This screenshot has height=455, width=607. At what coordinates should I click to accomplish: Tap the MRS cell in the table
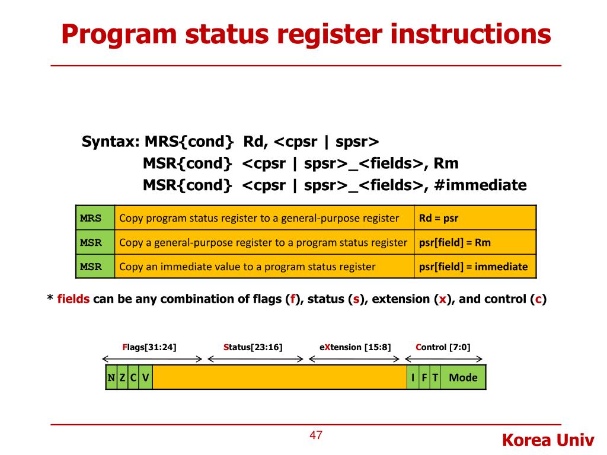tap(91, 218)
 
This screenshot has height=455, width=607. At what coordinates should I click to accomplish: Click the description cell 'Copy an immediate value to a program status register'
tap(247, 267)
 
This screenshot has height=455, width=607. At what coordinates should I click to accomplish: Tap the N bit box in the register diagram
tap(111, 377)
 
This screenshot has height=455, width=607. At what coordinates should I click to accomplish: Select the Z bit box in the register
tap(122, 377)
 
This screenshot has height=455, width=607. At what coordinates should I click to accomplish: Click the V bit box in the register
tap(145, 377)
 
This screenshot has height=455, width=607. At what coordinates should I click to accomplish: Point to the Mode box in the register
tap(463, 377)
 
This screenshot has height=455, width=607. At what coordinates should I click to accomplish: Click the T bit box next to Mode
tap(435, 377)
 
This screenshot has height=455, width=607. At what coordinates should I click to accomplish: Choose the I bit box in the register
tap(413, 377)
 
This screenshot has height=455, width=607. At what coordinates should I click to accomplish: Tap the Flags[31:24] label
tap(149, 347)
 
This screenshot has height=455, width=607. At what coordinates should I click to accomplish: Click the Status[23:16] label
tap(253, 347)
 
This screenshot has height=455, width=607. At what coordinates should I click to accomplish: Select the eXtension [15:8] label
tap(355, 347)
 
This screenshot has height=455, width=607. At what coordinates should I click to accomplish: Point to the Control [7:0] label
tap(443, 347)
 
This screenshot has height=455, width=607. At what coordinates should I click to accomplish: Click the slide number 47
tap(316, 435)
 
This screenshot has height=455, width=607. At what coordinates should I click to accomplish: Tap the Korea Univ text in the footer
tap(548, 440)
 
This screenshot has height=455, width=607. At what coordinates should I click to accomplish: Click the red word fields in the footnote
tap(74, 299)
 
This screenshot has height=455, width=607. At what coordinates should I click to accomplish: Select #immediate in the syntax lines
tap(480, 185)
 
